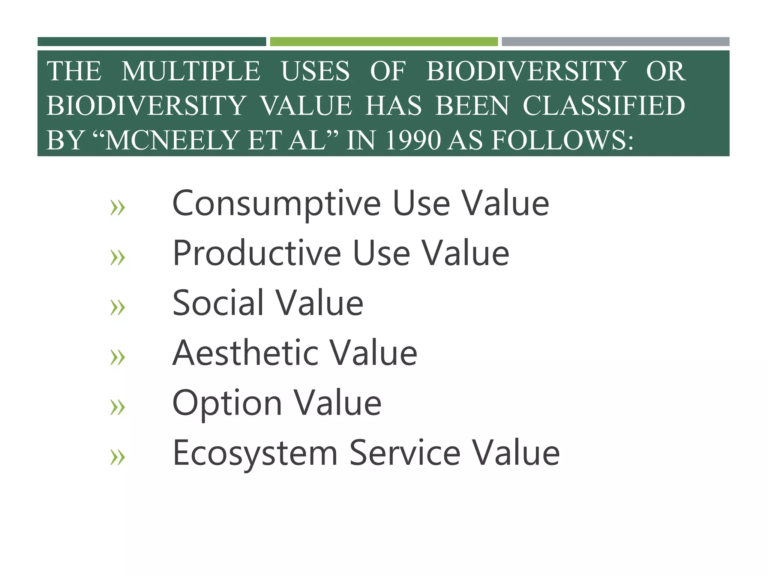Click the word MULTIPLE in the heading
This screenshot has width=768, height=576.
pyautogui.click(x=190, y=71)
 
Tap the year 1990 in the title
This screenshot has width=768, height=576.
pyautogui.click(x=412, y=140)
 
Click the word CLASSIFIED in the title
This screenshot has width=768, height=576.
pyautogui.click(x=604, y=106)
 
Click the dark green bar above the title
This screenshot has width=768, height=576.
pyautogui.click(x=151, y=42)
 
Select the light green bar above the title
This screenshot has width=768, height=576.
pyautogui.click(x=384, y=42)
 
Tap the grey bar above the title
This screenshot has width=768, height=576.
pyautogui.click(x=615, y=42)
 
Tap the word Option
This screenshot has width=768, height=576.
pyautogui.click(x=227, y=403)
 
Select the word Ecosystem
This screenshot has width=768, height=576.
pyautogui.click(x=255, y=453)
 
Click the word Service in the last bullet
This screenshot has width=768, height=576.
pyautogui.click(x=405, y=453)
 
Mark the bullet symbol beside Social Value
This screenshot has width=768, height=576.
pyautogui.click(x=117, y=307)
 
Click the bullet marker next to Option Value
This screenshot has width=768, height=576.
pyautogui.click(x=117, y=407)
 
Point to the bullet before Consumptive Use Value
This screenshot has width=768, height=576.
pyautogui.click(x=117, y=208)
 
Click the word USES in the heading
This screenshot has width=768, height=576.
pyautogui.click(x=315, y=71)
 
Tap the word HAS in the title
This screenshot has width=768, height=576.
pyautogui.click(x=393, y=106)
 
